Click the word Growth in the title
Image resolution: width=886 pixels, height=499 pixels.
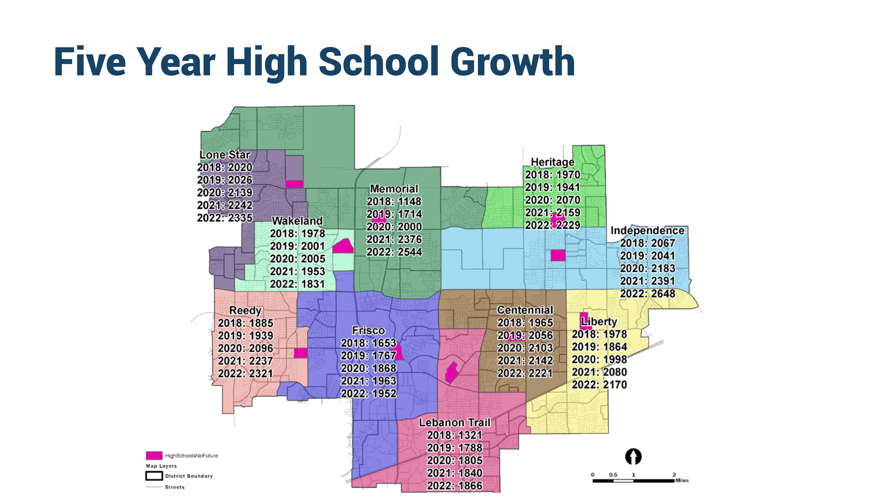[x=512, y=62]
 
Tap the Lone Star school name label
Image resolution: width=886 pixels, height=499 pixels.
[x=224, y=155]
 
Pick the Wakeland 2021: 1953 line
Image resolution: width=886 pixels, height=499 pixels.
[x=297, y=271]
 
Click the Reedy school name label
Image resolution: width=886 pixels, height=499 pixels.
[x=245, y=311]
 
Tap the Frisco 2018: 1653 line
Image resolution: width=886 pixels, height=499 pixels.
[x=368, y=343]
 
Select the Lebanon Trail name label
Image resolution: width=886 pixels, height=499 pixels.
[x=454, y=422]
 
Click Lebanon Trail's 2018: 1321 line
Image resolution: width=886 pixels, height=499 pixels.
[x=454, y=435]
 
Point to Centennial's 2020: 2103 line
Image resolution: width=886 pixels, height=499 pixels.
[x=525, y=348]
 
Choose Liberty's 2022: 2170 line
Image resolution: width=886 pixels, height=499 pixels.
[x=599, y=384]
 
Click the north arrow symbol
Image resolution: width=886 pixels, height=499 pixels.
[x=633, y=457]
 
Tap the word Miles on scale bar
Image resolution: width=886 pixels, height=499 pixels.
[x=682, y=480]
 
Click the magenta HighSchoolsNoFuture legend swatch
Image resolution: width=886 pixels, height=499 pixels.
[x=154, y=455]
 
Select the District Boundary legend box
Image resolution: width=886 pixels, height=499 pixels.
[x=154, y=476]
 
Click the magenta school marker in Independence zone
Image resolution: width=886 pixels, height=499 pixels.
[x=558, y=255]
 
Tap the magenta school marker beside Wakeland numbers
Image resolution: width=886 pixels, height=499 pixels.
[x=343, y=246]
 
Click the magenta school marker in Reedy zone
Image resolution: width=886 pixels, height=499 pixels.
[x=300, y=353]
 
